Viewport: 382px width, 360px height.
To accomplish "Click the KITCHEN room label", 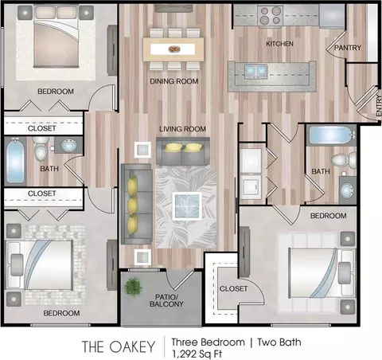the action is coord(279,44).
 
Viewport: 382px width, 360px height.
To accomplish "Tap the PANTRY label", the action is coord(348,48).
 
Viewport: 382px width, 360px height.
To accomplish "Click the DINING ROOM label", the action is coord(174,81).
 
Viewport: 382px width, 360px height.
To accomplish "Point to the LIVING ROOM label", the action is coord(182,129).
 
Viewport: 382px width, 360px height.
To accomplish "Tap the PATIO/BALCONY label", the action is coord(166,300).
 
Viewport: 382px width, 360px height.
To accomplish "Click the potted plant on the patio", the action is coord(132,287).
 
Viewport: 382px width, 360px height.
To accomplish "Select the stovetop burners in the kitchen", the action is coord(270,15).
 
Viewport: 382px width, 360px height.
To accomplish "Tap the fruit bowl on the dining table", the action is coord(174,49).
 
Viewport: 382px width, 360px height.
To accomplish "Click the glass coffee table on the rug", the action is coord(187,206).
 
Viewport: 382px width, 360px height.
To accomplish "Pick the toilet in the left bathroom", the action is coord(40,149).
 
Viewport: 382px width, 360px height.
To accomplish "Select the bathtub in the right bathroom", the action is coord(332,135).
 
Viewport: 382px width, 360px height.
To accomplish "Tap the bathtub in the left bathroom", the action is coord(16,162).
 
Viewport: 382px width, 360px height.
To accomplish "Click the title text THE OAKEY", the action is coord(119,346).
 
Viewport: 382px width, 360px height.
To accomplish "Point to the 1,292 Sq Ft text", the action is coord(197,354).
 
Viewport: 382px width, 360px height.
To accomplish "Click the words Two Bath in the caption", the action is coord(279,342).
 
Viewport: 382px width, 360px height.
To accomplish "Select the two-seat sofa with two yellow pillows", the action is coord(183,151).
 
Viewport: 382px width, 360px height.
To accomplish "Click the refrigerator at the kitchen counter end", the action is coord(332,15).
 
